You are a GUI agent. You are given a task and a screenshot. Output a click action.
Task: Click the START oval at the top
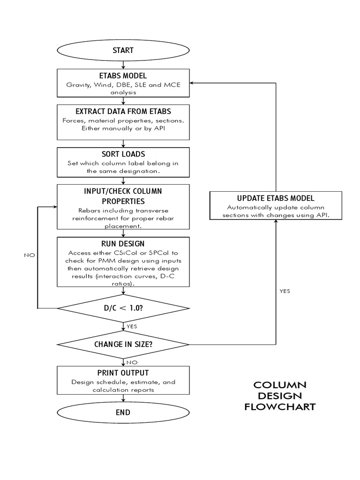(x=123, y=50)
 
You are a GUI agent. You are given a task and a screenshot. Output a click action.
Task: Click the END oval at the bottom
(x=123, y=412)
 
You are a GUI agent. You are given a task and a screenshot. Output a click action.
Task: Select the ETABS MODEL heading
(x=123, y=76)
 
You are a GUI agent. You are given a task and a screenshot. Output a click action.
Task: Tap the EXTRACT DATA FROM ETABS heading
(x=123, y=112)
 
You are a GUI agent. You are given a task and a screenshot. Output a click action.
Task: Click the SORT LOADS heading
(x=123, y=154)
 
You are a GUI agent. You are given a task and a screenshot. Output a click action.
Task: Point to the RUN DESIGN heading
(x=123, y=243)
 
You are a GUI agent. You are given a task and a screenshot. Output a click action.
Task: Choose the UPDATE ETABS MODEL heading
(x=275, y=198)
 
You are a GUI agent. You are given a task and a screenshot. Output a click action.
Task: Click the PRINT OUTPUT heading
(x=123, y=373)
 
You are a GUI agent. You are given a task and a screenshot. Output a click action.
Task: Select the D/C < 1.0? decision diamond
(x=123, y=308)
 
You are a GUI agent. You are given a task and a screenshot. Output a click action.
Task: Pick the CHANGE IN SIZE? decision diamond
(x=123, y=344)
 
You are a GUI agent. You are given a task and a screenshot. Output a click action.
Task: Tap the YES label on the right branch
(x=285, y=291)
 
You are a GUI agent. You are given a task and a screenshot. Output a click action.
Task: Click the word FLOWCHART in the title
(x=280, y=407)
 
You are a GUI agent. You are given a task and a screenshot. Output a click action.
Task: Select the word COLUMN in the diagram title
(x=280, y=385)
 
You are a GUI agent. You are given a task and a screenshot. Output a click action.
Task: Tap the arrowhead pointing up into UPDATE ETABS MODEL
(x=275, y=222)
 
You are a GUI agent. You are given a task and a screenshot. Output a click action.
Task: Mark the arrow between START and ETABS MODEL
(x=123, y=65)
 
